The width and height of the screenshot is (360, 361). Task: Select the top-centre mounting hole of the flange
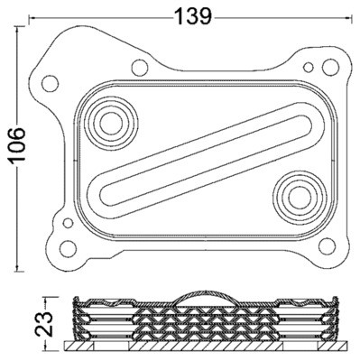(138, 66)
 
